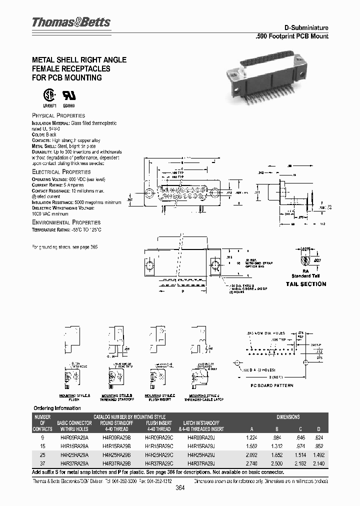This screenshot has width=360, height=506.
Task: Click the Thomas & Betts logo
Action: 71,22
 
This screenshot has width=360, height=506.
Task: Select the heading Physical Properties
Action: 58,115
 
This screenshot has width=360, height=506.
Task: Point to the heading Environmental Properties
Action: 66,222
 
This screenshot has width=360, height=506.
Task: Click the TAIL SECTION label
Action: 305,284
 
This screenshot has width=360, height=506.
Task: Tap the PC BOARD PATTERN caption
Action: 271,385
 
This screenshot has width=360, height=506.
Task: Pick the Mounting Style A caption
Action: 71,398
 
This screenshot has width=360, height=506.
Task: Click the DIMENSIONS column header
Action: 288,416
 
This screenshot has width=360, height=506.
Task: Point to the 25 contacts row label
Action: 42,455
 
